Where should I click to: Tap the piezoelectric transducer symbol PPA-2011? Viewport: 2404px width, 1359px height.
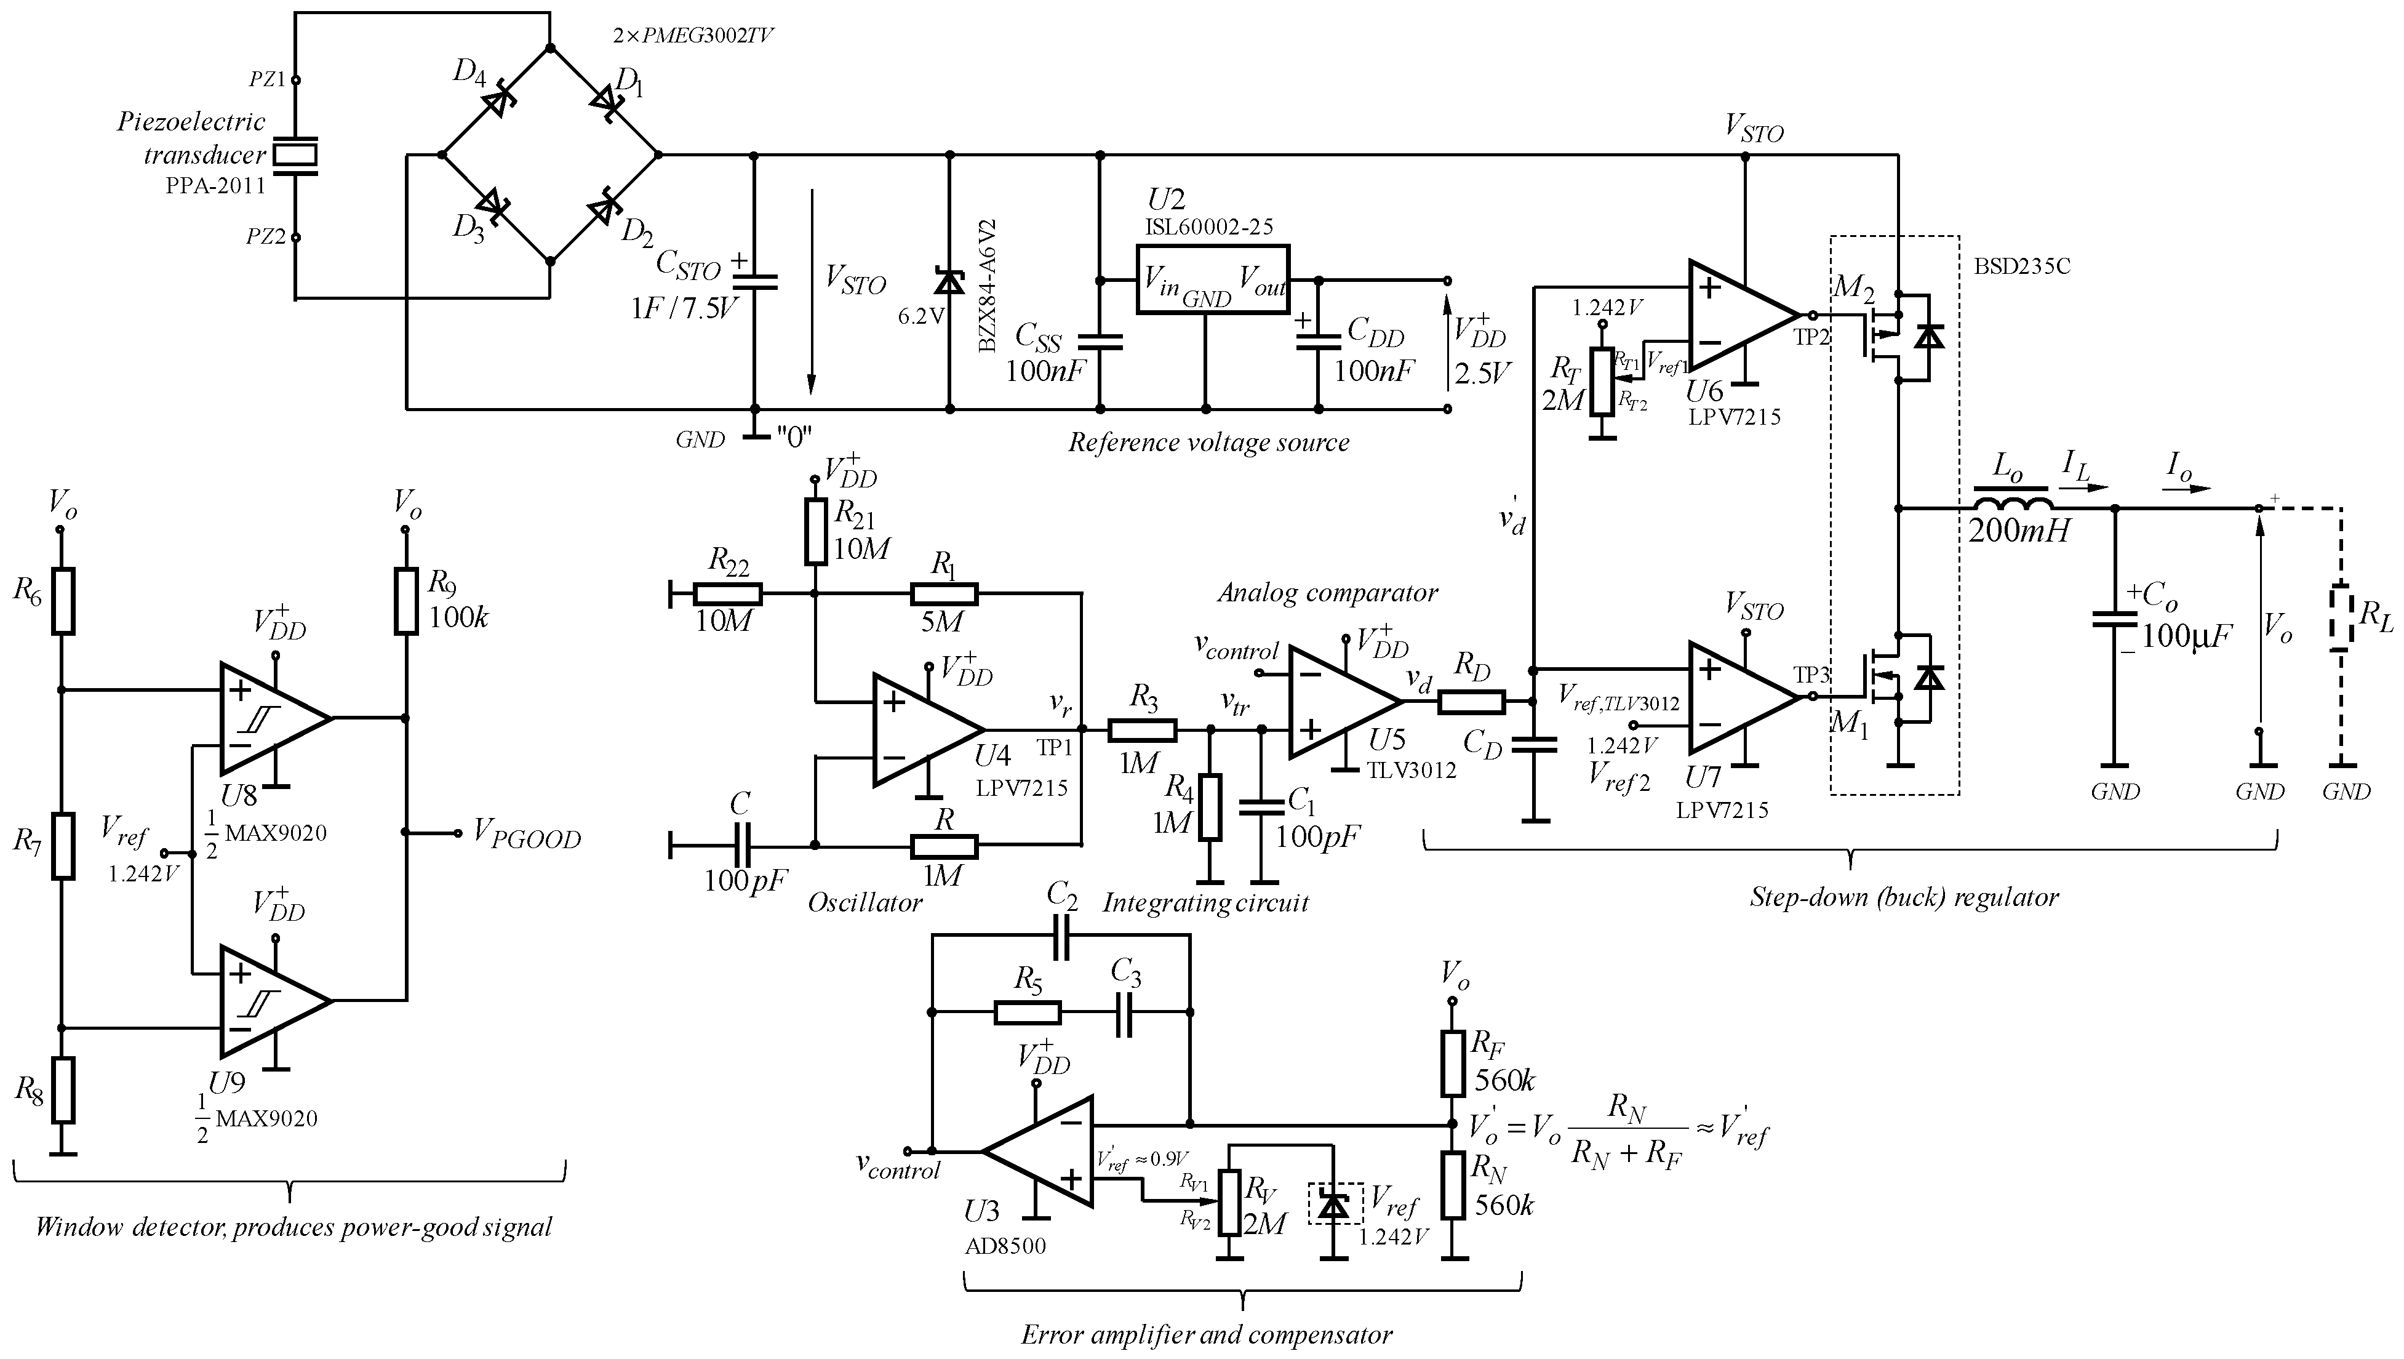[294, 155]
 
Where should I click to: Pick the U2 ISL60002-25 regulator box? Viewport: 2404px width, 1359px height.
[1212, 279]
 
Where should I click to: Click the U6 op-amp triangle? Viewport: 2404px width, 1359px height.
[1738, 315]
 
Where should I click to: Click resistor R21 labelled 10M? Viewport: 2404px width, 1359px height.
[816, 532]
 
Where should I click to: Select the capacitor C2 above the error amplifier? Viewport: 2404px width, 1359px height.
[1061, 937]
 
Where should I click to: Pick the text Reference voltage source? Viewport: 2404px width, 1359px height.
[1208, 443]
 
